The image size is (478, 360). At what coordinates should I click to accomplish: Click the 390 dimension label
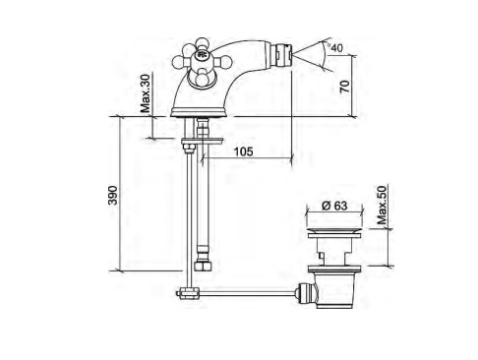coord(113,195)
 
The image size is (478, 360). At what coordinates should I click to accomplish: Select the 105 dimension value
coord(243,151)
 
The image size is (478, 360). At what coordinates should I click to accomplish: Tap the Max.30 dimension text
coord(146,93)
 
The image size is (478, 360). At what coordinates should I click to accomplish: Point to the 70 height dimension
coord(345,86)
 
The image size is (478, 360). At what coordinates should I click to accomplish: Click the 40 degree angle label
coord(336,48)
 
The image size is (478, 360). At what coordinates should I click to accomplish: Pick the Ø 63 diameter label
coord(334,206)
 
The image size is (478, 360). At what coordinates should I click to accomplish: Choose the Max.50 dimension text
coord(382,205)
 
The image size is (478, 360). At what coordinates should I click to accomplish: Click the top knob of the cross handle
coord(203,43)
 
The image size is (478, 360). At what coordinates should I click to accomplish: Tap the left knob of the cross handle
coord(179,62)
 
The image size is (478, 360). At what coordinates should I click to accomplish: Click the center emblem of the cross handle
coord(202,54)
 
